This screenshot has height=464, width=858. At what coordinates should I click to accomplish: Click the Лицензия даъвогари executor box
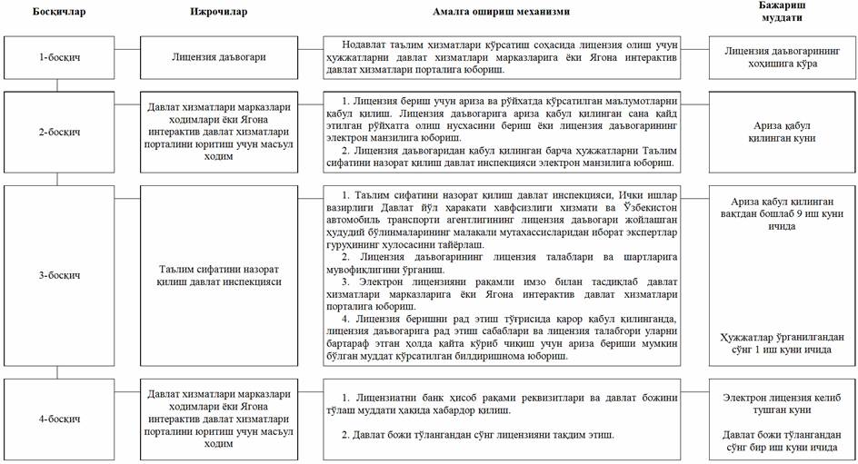[219, 57]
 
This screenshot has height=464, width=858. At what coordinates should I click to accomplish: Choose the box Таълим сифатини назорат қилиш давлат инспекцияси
[219, 274]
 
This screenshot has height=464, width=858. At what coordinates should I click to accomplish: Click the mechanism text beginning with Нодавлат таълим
[503, 57]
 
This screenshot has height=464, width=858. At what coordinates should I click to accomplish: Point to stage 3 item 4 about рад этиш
[503, 337]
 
